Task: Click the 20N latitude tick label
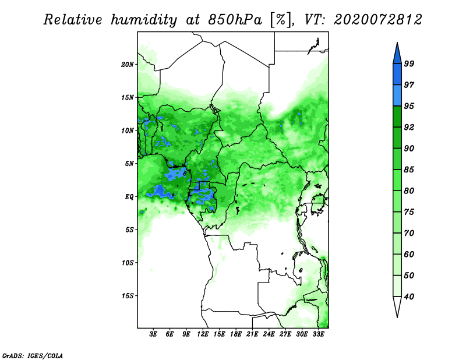pyautogui.click(x=127, y=64)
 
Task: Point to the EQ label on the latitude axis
pyautogui.click(x=129, y=196)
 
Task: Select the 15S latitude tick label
pyautogui.click(x=127, y=296)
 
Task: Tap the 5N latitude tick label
pyautogui.click(x=129, y=164)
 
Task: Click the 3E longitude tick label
pyautogui.click(x=153, y=334)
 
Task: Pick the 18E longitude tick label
pyautogui.click(x=236, y=334)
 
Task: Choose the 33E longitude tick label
pyautogui.click(x=318, y=334)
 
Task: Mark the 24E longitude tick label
pyautogui.click(x=269, y=334)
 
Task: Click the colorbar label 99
pyautogui.click(x=409, y=63)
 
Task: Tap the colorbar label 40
pyautogui.click(x=409, y=297)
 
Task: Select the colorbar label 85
pyautogui.click(x=409, y=170)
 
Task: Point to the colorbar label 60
pyautogui.click(x=409, y=254)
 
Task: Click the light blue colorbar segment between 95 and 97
pyautogui.click(x=397, y=96)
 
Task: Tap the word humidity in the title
pyautogui.click(x=144, y=20)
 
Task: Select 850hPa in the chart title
pyautogui.click(x=235, y=20)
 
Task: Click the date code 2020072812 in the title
pyautogui.click(x=377, y=20)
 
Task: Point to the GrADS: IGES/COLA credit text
pyautogui.click(x=33, y=356)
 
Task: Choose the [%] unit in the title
pyautogui.click(x=281, y=20)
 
